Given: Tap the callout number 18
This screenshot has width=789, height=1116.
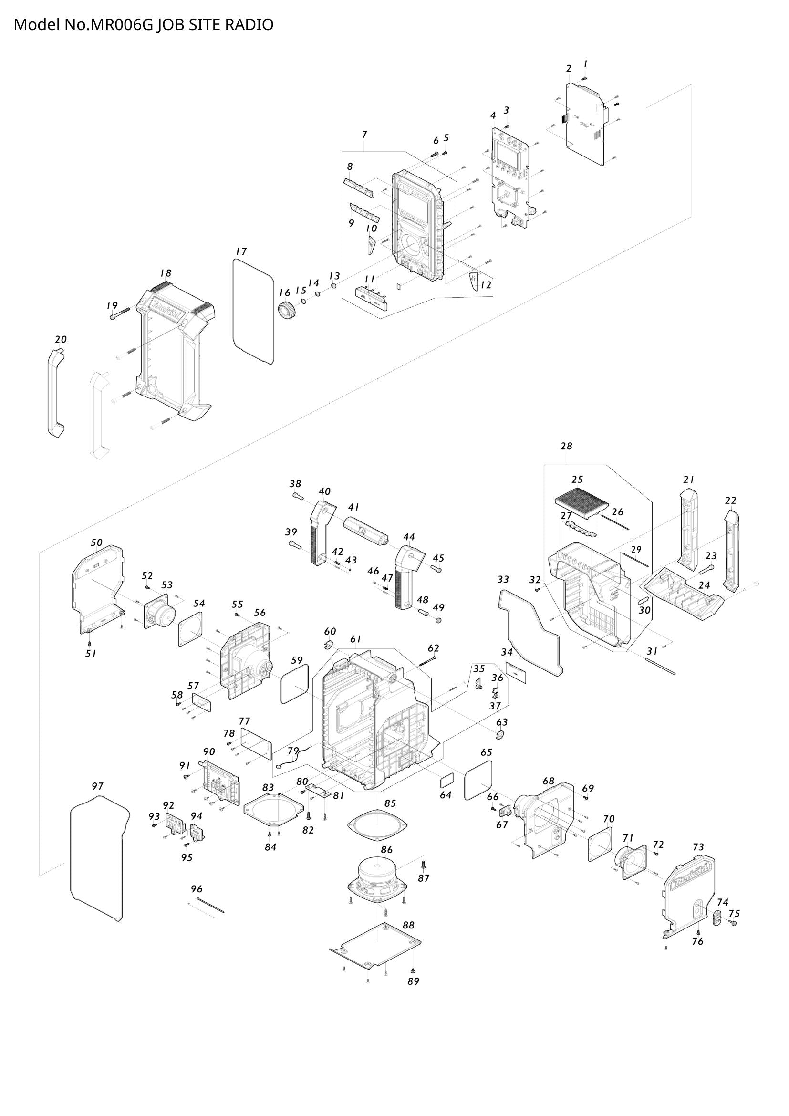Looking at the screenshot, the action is point(166,274).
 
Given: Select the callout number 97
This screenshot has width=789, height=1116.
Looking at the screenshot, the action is point(98,786).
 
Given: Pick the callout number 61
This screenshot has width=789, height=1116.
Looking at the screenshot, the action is point(356,639).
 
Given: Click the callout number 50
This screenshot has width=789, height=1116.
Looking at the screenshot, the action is point(97,542).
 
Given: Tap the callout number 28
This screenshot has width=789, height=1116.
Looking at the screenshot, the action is point(567,446).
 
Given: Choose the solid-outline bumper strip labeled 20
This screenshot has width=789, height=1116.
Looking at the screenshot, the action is point(56,393).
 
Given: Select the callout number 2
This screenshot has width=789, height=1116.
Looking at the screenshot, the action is point(569,69).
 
